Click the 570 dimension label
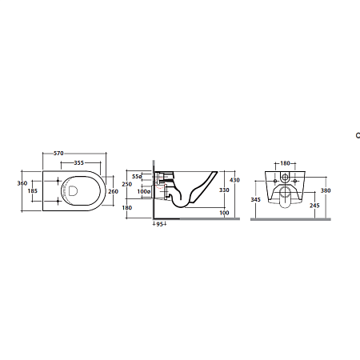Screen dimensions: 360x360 pyautogui.click(x=58, y=154)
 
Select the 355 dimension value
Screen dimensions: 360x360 pyautogui.click(x=79, y=162)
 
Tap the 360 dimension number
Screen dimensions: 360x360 pyautogui.click(x=22, y=183)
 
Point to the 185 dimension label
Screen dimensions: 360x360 pyautogui.click(x=33, y=191)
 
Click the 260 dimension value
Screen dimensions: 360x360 pyautogui.click(x=114, y=191)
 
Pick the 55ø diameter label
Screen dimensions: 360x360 pyautogui.click(x=137, y=177)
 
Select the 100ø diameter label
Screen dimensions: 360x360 pyautogui.click(x=144, y=191)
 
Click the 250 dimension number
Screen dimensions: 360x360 pyautogui.click(x=127, y=184)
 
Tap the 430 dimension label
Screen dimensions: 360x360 pyautogui.click(x=234, y=180)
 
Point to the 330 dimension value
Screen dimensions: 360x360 pyautogui.click(x=224, y=190)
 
